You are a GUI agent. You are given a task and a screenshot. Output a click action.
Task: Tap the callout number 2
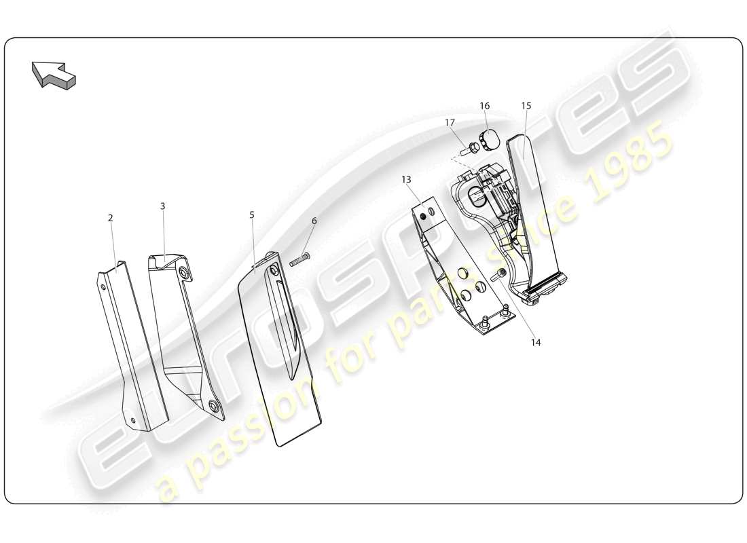click(x=111, y=218)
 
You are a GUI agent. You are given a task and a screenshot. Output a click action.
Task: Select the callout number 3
click(x=163, y=206)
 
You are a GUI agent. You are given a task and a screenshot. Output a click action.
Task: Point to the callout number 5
click(x=252, y=214)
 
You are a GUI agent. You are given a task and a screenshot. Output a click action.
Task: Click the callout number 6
click(x=314, y=221)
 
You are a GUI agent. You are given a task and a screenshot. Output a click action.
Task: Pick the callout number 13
click(x=406, y=180)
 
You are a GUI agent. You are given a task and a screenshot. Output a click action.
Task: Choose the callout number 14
click(x=536, y=343)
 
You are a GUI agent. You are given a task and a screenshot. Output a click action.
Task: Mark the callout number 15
click(x=526, y=106)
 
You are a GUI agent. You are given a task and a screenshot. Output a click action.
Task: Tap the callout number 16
click(x=484, y=106)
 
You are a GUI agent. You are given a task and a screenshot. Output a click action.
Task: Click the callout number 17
click(x=450, y=122)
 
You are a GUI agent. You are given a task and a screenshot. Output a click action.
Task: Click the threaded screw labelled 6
click(x=300, y=259)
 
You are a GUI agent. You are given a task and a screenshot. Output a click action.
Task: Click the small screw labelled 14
click(x=500, y=274)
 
